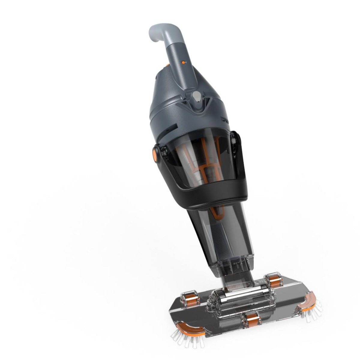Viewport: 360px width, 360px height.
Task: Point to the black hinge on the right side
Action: [x=236, y=141]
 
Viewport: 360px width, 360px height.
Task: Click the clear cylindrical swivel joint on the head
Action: [x=231, y=293]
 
